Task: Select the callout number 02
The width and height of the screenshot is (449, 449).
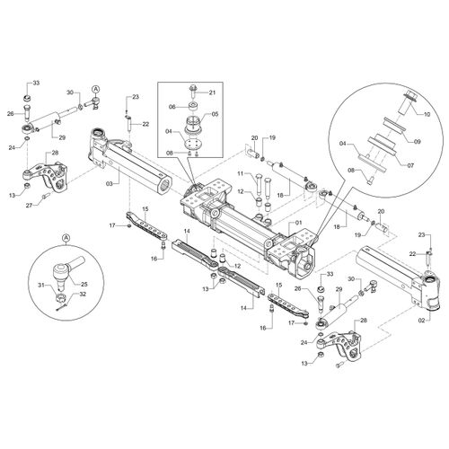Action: (421, 321)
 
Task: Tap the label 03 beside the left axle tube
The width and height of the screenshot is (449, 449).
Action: (110, 184)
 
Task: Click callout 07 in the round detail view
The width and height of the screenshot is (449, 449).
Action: (410, 165)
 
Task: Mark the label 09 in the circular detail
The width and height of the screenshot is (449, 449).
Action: (417, 141)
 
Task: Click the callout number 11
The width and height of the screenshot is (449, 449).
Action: (242, 173)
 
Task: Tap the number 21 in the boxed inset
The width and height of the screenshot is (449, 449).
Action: (212, 92)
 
